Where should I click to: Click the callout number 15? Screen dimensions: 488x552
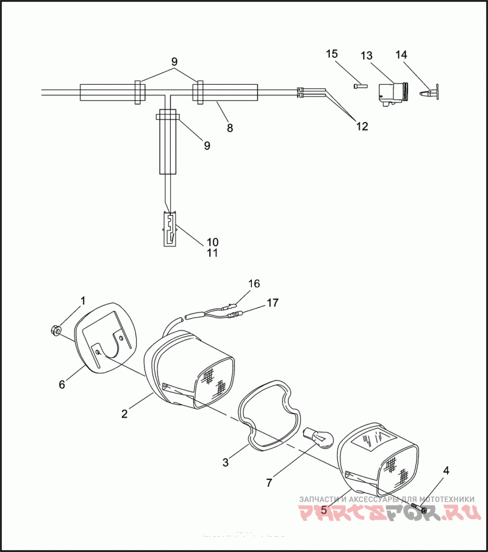pos(331,55)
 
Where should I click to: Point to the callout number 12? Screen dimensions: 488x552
pos(362,127)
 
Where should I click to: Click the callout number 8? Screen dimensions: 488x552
pos(230,128)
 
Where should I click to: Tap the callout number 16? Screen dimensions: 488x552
pos(254,283)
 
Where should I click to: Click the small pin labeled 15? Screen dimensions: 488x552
pos(359,85)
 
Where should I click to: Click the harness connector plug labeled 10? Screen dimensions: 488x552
pos(169,229)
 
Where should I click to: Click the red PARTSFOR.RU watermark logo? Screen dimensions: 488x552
pos(388,512)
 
